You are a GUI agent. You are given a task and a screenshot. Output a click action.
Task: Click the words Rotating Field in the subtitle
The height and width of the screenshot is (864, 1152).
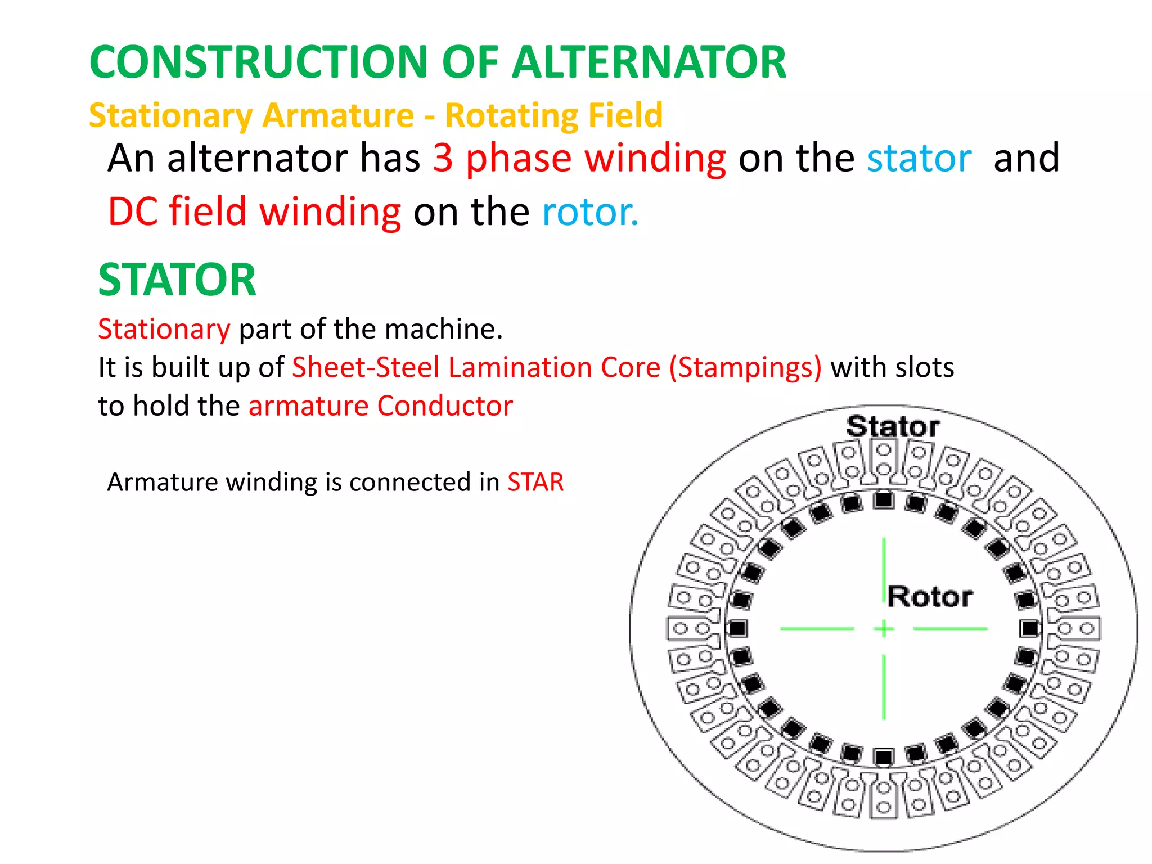click(553, 115)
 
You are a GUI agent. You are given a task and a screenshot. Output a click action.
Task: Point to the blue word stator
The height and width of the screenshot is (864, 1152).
click(919, 159)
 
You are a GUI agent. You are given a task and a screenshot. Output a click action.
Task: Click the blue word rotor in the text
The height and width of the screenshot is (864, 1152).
click(589, 212)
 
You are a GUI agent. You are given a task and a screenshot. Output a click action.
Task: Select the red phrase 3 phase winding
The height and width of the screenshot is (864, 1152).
click(579, 159)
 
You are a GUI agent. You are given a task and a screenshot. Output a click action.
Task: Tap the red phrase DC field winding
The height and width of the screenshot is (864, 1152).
click(254, 212)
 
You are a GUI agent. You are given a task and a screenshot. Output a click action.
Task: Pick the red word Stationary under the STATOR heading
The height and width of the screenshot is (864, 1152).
click(164, 329)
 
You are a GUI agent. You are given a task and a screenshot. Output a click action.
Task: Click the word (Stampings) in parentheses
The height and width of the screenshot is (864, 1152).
click(745, 367)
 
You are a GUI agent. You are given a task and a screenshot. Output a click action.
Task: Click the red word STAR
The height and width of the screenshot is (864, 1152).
click(535, 482)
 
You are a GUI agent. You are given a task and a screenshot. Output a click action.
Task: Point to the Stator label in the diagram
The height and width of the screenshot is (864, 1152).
click(893, 426)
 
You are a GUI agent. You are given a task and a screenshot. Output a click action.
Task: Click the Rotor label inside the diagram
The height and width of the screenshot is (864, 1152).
click(930, 597)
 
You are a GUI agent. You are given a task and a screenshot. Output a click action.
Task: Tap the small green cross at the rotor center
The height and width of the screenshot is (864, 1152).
click(884, 628)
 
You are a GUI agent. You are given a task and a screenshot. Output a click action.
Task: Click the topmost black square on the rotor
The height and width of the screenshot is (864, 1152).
click(884, 499)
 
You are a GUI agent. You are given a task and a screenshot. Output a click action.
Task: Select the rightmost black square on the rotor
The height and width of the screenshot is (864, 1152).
click(1030, 628)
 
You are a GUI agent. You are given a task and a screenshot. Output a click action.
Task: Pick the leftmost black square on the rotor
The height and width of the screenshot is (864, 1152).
click(737, 628)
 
